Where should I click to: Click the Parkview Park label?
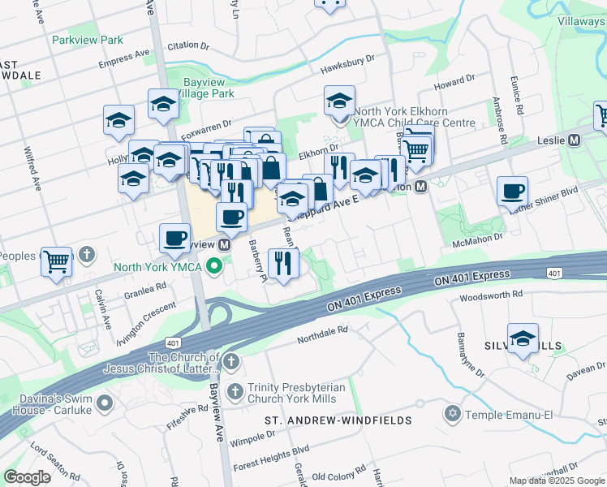tap(87, 40)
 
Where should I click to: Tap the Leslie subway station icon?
tap(575, 140)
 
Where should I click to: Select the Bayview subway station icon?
tap(224, 243)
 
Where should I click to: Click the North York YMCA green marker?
tap(214, 265)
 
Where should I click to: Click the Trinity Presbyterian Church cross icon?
tap(235, 391)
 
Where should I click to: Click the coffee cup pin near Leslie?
tap(513, 192)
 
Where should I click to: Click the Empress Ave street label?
tap(124, 59)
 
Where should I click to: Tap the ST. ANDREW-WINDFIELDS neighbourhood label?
tap(338, 420)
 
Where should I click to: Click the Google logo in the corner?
tap(28, 477)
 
